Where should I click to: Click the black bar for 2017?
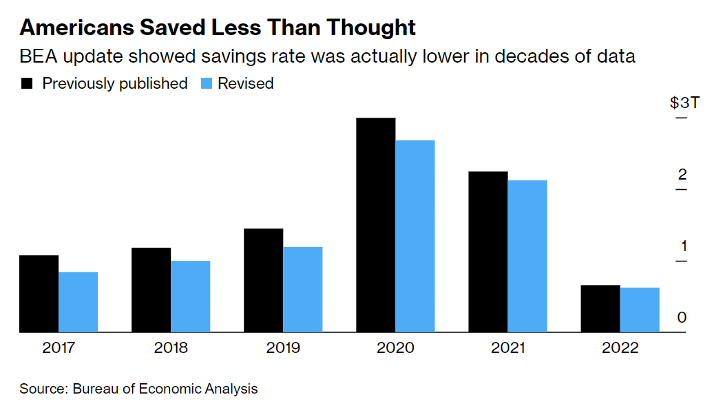click(x=39, y=294)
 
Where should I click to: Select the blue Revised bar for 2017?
click(x=78, y=302)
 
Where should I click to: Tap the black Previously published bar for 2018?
click(x=151, y=290)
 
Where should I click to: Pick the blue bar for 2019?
click(x=302, y=290)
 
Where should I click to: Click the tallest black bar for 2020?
click(x=375, y=225)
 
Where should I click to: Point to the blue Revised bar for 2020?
click(x=415, y=236)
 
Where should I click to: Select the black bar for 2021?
click(x=488, y=252)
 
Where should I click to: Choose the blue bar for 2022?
click(x=640, y=310)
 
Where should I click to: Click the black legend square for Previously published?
click(x=28, y=84)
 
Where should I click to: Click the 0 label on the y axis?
click(x=682, y=317)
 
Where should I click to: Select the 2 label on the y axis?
click(x=682, y=174)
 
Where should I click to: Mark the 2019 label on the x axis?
click(x=283, y=347)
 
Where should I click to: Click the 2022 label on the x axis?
click(x=620, y=347)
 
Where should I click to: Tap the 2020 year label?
click(x=395, y=347)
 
